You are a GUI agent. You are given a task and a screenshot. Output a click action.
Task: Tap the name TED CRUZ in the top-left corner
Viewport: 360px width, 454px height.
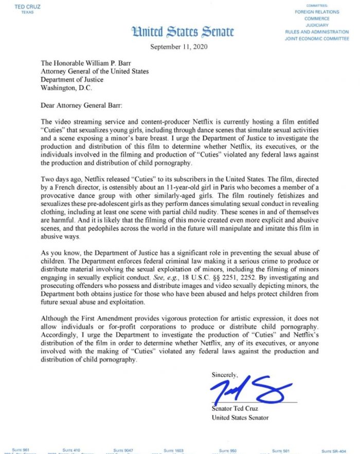point(20,7)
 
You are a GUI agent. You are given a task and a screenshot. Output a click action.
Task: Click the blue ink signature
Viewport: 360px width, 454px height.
point(252,389)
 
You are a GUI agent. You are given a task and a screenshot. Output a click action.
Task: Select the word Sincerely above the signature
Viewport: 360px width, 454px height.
point(225,375)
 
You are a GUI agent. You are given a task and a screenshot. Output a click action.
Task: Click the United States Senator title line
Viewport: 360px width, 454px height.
point(240,417)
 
